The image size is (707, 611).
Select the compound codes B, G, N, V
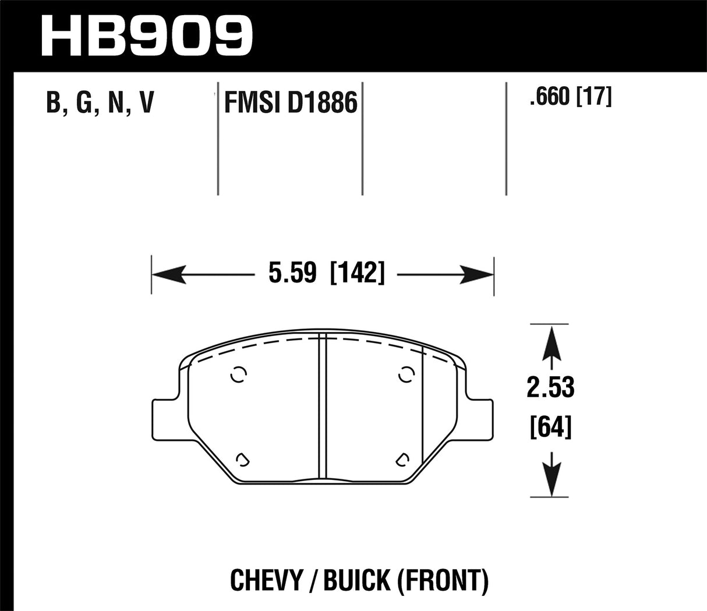(x=99, y=103)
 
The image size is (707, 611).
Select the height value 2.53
(x=550, y=388)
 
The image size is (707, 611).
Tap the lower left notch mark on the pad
(x=242, y=460)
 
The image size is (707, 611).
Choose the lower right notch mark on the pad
(x=401, y=460)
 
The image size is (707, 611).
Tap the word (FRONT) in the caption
(x=443, y=581)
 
